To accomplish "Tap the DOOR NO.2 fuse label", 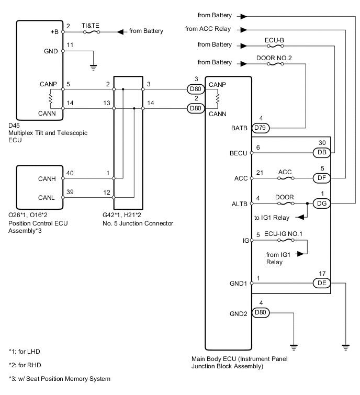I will tap(275, 58).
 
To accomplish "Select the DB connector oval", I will tap(322, 152).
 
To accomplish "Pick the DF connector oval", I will tap(322, 178).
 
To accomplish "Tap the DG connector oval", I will tap(322, 204).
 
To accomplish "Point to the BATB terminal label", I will tap(241, 127).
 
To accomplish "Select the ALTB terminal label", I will tap(240, 204).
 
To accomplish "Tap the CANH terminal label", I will tap(48, 178).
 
